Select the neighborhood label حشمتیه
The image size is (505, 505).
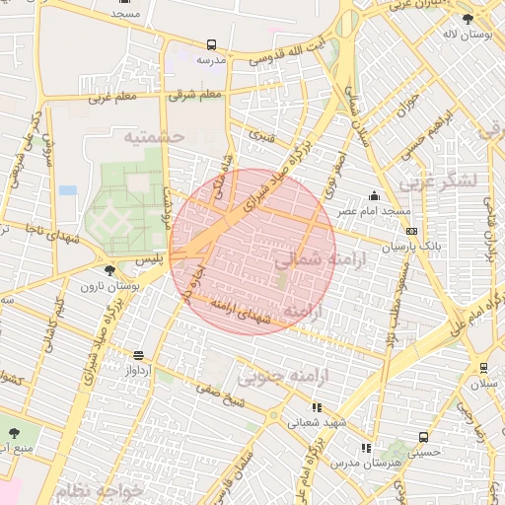tap(154, 136)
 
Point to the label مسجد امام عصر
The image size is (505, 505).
tap(376, 212)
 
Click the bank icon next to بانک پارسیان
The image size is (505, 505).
tap(411, 231)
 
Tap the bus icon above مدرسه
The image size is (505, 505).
tap(211, 44)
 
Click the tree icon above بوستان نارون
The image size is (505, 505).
tap(109, 270)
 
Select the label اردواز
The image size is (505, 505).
tap(138, 371)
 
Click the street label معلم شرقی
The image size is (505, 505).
tap(196, 95)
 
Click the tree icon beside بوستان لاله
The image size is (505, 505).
tap(468, 18)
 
